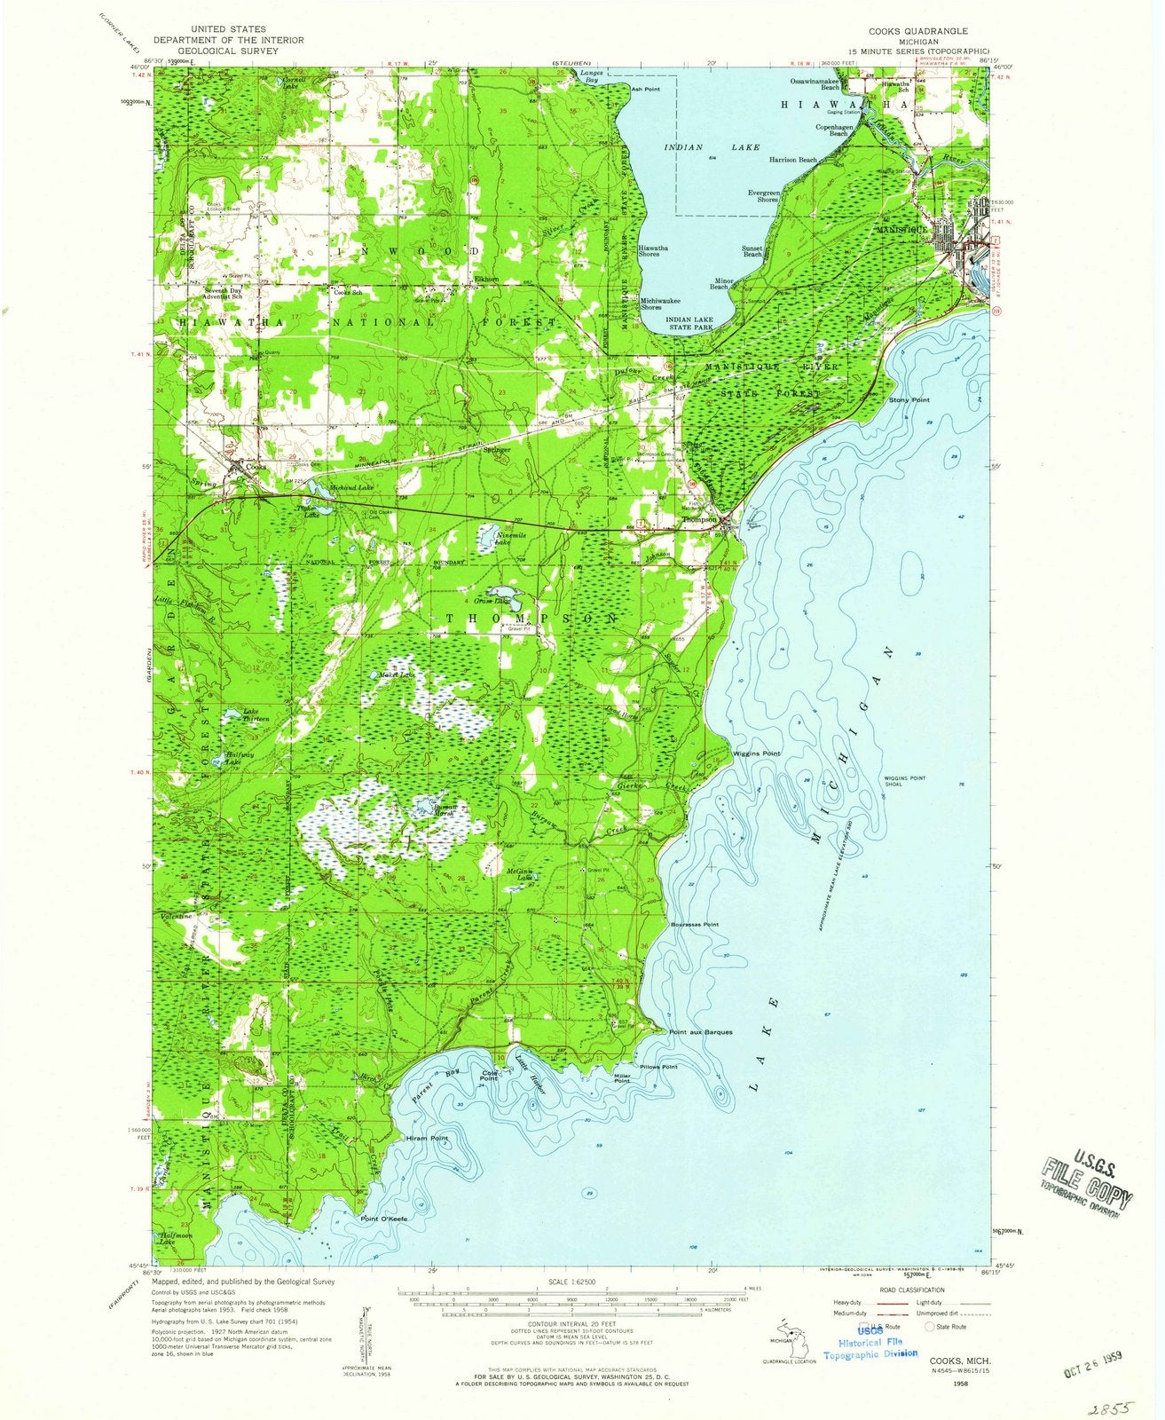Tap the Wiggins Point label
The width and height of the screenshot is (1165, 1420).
point(756,753)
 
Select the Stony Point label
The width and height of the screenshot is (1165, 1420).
point(909,401)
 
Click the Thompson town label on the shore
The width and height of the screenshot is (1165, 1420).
point(698,521)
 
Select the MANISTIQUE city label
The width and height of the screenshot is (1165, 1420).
point(901,229)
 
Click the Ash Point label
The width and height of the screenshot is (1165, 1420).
point(645,90)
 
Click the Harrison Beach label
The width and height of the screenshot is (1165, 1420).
point(793,161)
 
